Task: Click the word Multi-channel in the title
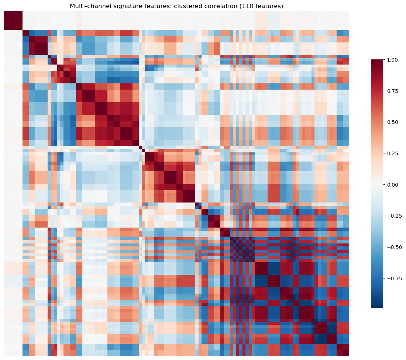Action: coord(87,6)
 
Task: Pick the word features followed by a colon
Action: coord(148,6)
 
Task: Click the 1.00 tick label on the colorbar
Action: coord(393,59)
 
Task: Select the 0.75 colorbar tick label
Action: coord(393,91)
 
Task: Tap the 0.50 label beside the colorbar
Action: coord(393,122)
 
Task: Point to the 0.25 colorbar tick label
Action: coord(393,153)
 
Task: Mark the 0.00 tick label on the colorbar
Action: coord(393,184)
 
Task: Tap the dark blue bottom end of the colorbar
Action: coord(377,306)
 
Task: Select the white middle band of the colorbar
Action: coord(377,184)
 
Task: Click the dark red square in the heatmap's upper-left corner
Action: coord(13,20)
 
